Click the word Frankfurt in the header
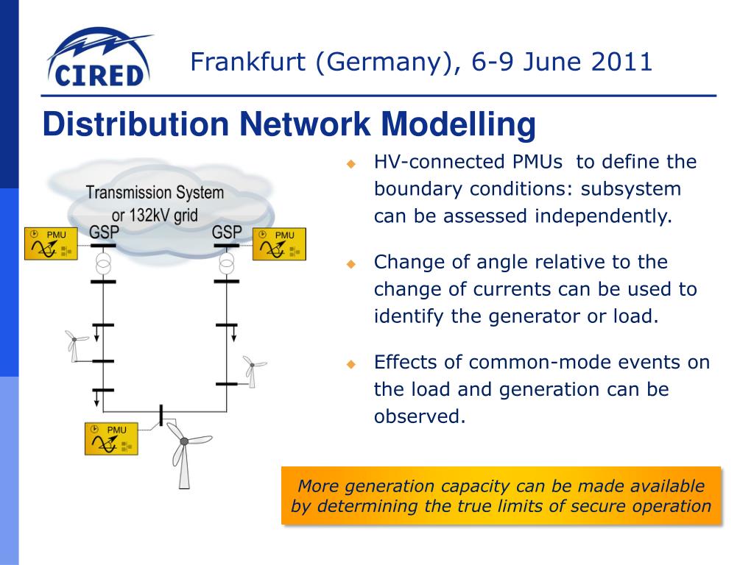click(x=246, y=63)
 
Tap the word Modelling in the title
click(x=459, y=124)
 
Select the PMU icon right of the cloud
click(x=279, y=244)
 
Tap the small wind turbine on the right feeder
click(x=252, y=369)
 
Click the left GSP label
click(x=104, y=232)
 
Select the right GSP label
click(x=226, y=232)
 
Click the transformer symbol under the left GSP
click(x=104, y=263)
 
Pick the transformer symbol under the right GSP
click(x=226, y=263)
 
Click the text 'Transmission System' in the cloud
click(x=155, y=193)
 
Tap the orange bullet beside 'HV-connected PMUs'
click(x=352, y=163)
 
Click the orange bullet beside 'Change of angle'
click(x=352, y=263)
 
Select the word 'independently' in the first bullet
click(x=603, y=216)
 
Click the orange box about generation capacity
click(x=501, y=496)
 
